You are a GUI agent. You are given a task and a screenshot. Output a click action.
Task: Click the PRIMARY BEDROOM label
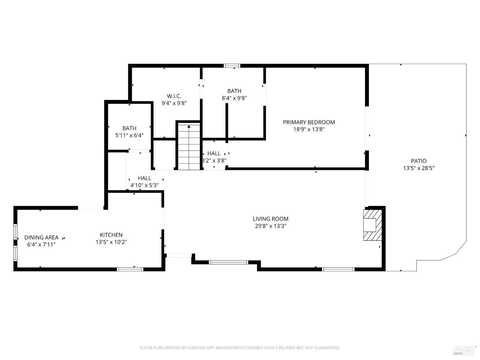click(309, 122)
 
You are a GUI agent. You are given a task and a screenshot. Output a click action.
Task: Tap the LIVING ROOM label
click(270, 219)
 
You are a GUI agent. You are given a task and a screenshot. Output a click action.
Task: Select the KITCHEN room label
click(111, 235)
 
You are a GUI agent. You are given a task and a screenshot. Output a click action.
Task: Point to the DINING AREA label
click(41, 237)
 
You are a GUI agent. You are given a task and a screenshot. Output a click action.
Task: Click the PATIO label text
click(419, 161)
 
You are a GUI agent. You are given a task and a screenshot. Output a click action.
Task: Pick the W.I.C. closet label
click(174, 96)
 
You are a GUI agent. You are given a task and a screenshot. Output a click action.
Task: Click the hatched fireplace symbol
click(372, 225)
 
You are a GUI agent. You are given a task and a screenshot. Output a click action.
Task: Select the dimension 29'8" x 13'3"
click(270, 226)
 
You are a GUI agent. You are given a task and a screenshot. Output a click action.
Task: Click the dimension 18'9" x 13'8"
click(309, 130)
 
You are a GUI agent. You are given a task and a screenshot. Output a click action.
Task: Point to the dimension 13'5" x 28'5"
click(419, 168)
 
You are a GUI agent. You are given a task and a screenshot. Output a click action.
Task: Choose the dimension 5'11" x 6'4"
click(129, 135)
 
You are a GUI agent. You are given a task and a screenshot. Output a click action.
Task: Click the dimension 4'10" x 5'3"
click(144, 185)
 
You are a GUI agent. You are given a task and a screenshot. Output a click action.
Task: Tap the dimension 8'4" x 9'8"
click(234, 98)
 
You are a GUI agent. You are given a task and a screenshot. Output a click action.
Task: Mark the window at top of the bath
click(232, 66)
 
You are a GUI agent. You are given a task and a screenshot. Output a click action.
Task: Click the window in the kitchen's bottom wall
click(130, 269)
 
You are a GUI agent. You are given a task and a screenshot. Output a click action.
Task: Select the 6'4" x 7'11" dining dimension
click(41, 245)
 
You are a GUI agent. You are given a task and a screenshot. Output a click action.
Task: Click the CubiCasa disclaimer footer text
click(240, 348)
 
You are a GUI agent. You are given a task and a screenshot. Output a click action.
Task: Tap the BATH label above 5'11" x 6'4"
click(129, 128)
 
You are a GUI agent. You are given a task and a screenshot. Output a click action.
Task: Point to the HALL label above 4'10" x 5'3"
click(144, 178)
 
